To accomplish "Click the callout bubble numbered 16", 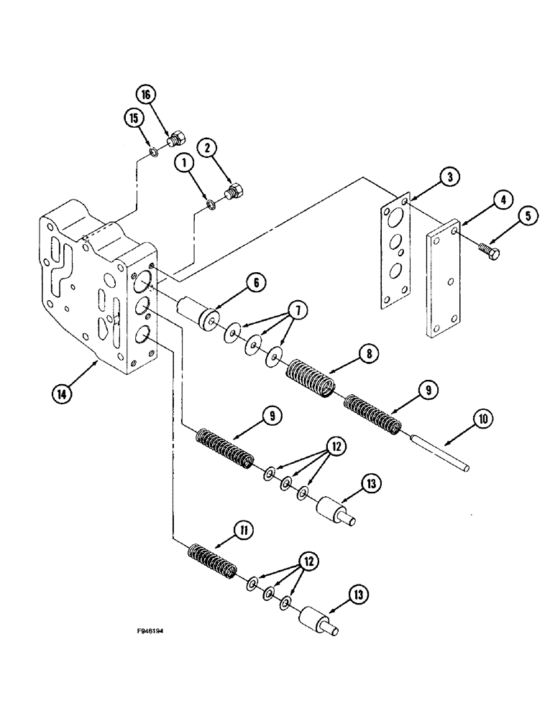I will click(145, 95).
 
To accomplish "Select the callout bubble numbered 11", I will click(244, 532).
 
